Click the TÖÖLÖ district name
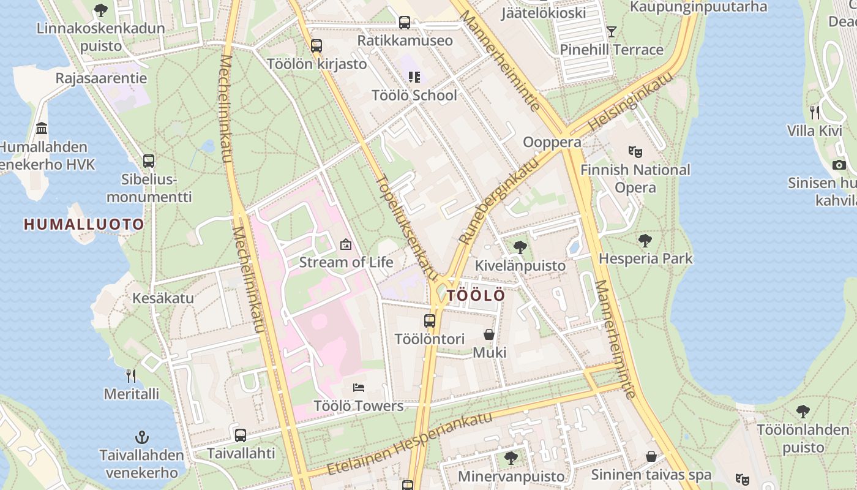(476, 295)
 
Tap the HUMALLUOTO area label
(84, 224)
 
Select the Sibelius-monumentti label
(149, 188)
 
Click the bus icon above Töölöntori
(430, 320)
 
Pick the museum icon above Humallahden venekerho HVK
(42, 129)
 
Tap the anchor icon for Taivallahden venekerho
(142, 437)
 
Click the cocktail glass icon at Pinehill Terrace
(611, 31)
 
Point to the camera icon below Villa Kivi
(839, 165)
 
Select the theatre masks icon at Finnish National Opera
(635, 151)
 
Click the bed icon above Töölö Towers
(359, 387)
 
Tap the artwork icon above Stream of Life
(346, 244)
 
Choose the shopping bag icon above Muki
(489, 334)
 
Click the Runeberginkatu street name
(499, 200)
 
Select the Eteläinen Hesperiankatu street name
(410, 443)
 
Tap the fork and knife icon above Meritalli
(131, 375)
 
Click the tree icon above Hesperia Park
(645, 241)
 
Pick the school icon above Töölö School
(414, 77)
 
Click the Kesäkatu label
(163, 298)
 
